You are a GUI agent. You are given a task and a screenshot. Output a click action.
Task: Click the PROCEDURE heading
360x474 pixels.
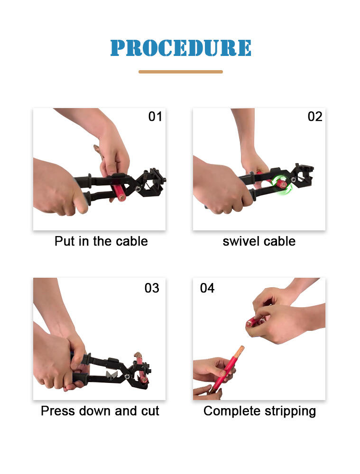[181, 48]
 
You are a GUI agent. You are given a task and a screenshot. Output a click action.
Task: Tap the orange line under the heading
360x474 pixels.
[181, 72]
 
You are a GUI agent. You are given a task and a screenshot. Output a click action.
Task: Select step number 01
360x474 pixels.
[155, 117]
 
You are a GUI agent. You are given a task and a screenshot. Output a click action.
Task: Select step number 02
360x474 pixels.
[315, 117]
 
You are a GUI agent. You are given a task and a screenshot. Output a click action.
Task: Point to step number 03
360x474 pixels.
[152, 288]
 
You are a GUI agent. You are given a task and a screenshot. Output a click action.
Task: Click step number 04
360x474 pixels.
[207, 288]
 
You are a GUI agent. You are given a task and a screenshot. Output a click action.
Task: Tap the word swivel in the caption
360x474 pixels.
[241, 241]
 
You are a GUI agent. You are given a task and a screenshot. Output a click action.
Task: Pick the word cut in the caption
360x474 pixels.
[150, 411]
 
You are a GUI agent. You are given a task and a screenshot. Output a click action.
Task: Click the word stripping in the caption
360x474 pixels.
[290, 411]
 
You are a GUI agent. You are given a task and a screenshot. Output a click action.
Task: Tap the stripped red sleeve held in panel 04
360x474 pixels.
[255, 322]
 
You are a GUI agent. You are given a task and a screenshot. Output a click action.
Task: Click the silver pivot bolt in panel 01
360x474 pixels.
[138, 188]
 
